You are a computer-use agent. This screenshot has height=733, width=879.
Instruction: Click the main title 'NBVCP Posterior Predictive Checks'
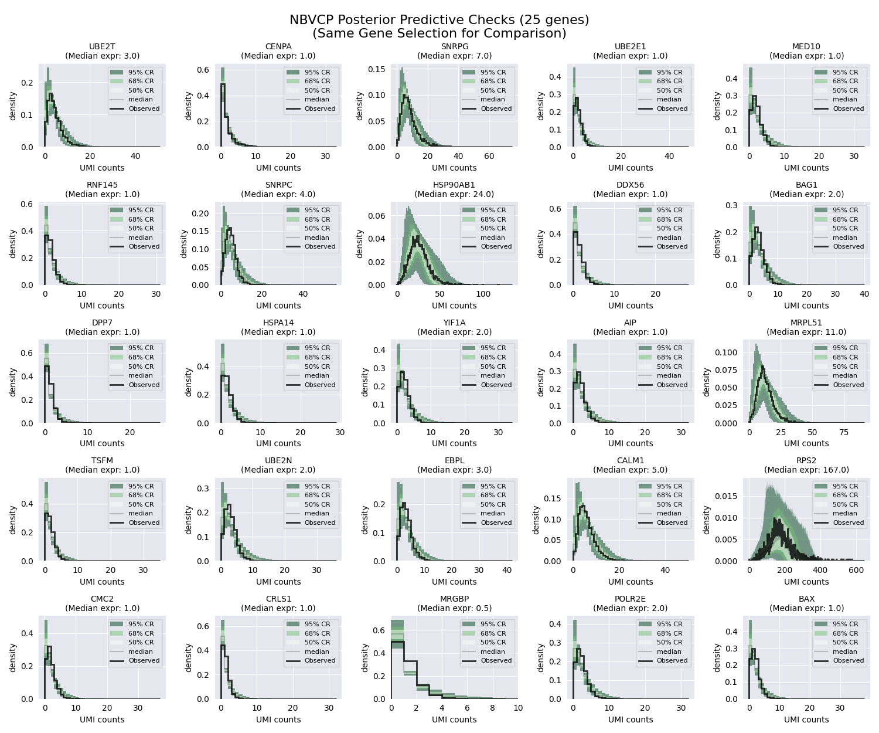439,20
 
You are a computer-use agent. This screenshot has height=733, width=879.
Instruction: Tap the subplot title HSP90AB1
454,185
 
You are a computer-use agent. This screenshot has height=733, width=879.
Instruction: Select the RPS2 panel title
806,461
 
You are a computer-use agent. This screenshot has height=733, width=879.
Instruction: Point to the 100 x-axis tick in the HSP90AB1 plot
483,294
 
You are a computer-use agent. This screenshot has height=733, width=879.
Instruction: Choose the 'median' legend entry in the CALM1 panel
669,513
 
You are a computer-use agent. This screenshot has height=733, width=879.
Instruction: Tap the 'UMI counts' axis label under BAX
806,720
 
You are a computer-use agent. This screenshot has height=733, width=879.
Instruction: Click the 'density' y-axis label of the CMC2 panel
13,657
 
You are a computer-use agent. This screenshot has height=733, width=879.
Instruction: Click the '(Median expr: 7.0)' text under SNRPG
454,56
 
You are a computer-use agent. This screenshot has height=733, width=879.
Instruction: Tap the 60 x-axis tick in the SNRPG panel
489,157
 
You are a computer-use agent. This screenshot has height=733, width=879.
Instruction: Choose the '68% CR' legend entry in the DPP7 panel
141,357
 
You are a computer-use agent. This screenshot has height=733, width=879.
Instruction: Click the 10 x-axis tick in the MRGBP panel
518,708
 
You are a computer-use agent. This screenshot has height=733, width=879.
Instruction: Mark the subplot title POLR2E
630,599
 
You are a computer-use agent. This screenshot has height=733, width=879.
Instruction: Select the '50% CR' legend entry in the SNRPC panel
317,228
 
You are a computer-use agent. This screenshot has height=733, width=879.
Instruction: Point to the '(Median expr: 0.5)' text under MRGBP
454,608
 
